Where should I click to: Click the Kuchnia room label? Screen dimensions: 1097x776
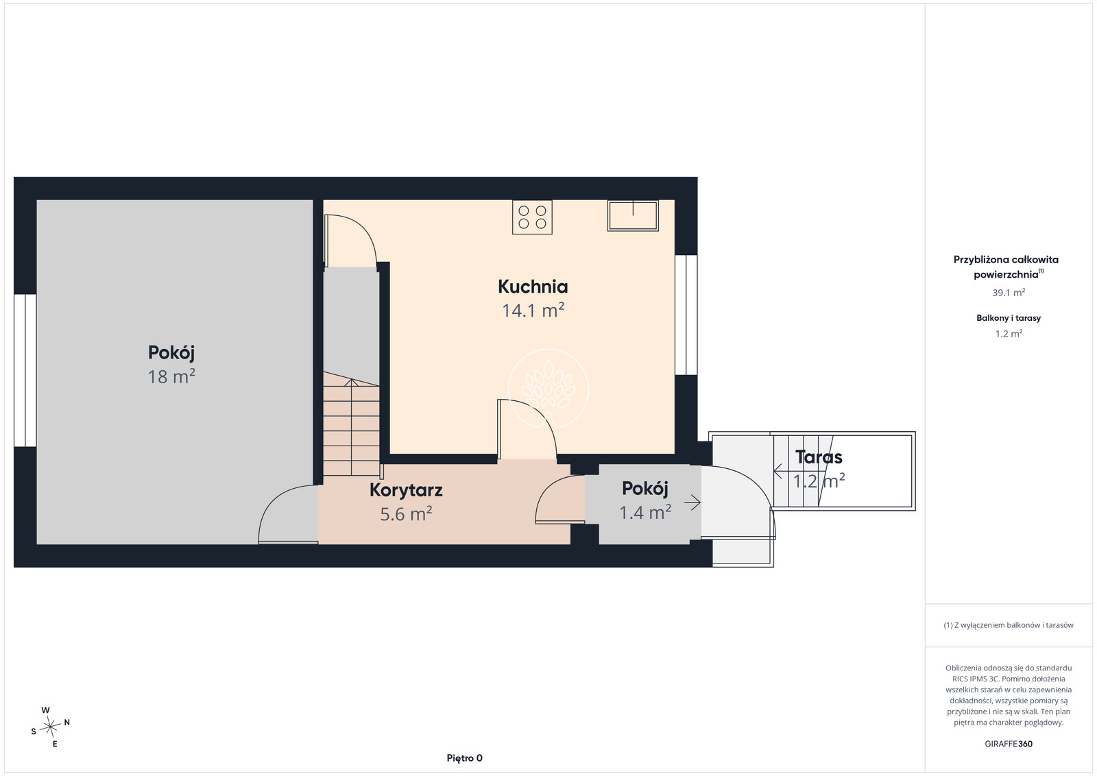click(x=533, y=287)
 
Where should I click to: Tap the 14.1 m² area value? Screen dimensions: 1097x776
click(x=533, y=311)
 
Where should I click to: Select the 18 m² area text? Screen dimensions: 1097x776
click(x=171, y=376)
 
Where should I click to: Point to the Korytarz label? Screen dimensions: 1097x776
click(x=406, y=490)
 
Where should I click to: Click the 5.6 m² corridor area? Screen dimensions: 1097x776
click(x=406, y=514)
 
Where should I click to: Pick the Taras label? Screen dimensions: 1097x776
click(x=819, y=457)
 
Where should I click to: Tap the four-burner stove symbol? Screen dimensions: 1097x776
click(x=532, y=217)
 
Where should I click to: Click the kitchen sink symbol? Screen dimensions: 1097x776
click(x=633, y=215)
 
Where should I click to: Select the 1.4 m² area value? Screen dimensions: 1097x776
click(x=645, y=512)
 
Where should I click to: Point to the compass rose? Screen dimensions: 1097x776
click(x=50, y=727)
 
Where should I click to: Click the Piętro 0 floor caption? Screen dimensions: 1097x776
click(x=464, y=758)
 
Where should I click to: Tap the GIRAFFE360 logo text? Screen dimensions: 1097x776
click(x=1009, y=744)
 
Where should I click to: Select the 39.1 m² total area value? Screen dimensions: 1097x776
click(x=1009, y=292)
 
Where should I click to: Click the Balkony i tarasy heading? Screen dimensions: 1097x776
click(x=1009, y=318)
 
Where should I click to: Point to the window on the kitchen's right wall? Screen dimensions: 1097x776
click(x=686, y=315)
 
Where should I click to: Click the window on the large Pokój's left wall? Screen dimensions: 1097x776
click(x=25, y=370)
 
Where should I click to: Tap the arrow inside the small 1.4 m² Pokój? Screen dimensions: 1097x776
click(x=692, y=502)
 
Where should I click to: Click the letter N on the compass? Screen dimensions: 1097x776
click(x=67, y=722)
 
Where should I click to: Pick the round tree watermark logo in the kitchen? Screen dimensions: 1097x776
click(x=548, y=389)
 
